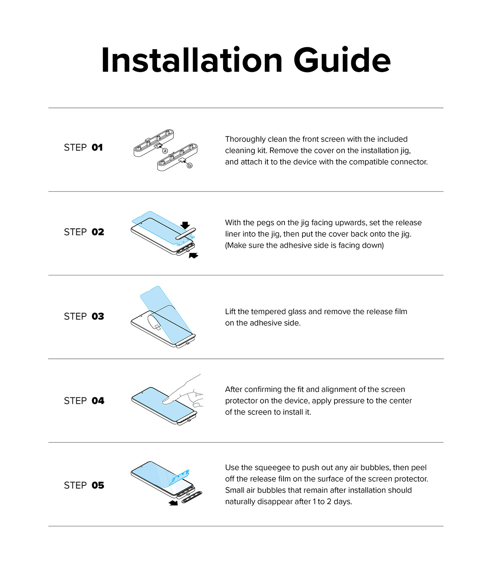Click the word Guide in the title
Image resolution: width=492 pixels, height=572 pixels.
pyautogui.click(x=342, y=60)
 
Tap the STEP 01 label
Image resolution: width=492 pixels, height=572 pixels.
pyautogui.click(x=84, y=148)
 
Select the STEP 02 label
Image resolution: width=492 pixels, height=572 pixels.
pyautogui.click(x=84, y=232)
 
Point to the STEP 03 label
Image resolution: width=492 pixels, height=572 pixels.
pyautogui.click(x=84, y=317)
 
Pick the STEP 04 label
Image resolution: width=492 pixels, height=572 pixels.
pyautogui.click(x=84, y=401)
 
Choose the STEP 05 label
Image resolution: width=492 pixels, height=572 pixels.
pyautogui.click(x=84, y=485)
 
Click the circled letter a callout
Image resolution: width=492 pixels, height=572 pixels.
pyautogui.click(x=165, y=151)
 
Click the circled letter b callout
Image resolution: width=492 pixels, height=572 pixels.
pyautogui.click(x=190, y=165)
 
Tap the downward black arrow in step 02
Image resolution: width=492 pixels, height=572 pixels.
pyautogui.click(x=185, y=225)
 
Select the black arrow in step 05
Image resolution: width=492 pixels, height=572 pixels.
pyautogui.click(x=174, y=503)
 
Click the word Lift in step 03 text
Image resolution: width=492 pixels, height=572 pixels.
pyautogui.click(x=230, y=312)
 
